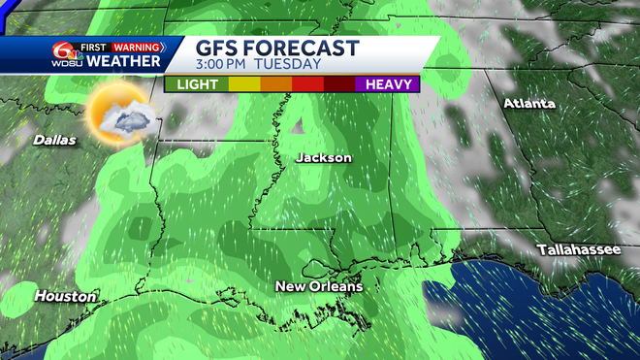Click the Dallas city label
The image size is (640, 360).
tap(54, 140)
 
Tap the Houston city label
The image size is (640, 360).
tap(66, 295)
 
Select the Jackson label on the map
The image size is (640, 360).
tap(324, 157)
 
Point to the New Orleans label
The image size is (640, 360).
tap(318, 286)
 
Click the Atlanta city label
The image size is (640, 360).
tap(528, 103)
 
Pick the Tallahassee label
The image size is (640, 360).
tap(579, 250)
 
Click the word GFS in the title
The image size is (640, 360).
tap(220, 49)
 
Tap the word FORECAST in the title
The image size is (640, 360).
tap(303, 49)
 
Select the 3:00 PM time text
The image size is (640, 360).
tap(222, 65)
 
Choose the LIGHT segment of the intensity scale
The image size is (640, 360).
tap(197, 84)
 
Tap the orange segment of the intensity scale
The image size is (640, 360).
tap(275, 84)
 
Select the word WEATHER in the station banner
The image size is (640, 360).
tap(123, 61)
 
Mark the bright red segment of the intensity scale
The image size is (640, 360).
tap(307, 84)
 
